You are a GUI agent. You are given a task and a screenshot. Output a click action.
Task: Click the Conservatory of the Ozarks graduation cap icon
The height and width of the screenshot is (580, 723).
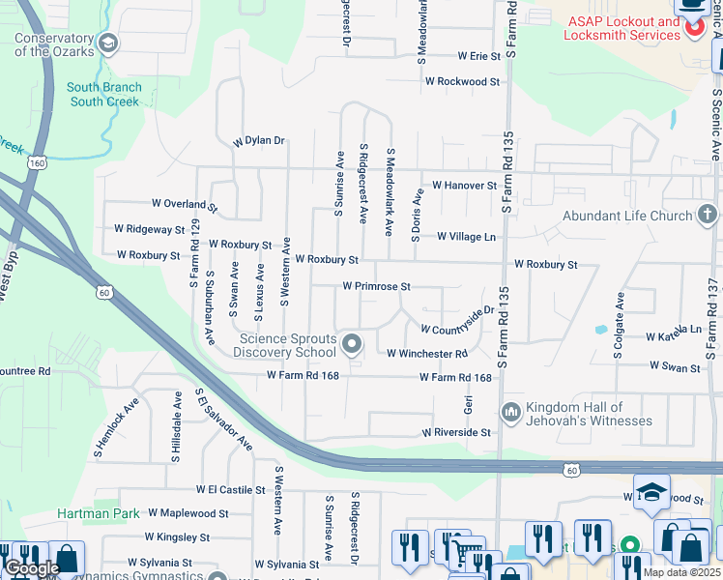(108, 42)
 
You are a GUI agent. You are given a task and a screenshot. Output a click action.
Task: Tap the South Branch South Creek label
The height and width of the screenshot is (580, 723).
(104, 94)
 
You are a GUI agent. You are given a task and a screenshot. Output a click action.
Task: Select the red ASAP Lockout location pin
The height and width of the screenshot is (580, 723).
(692, 29)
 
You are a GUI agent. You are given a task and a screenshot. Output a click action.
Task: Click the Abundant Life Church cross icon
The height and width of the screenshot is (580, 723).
(707, 216)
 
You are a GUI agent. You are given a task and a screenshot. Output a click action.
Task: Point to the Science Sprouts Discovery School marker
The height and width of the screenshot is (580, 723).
(353, 343)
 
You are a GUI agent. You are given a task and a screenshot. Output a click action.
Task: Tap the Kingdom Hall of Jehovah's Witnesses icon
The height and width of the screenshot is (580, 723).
(510, 413)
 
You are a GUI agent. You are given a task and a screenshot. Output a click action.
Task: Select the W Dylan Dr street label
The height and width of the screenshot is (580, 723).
(259, 141)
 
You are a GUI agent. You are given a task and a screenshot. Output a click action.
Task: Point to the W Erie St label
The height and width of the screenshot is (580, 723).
(479, 56)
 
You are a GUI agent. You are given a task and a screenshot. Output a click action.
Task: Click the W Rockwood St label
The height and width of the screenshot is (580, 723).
(462, 82)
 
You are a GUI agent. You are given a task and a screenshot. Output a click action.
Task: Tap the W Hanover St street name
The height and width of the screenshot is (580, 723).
(464, 185)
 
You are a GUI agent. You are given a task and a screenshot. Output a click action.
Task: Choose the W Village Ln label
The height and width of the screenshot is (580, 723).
(466, 236)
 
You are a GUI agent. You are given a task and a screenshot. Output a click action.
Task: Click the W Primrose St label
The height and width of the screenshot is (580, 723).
(377, 287)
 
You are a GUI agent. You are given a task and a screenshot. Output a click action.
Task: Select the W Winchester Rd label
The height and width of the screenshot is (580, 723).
(427, 354)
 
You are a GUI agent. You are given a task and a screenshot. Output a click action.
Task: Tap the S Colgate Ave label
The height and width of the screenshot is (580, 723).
(619, 335)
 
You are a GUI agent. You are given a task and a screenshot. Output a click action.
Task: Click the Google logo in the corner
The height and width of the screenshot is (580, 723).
(32, 568)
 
